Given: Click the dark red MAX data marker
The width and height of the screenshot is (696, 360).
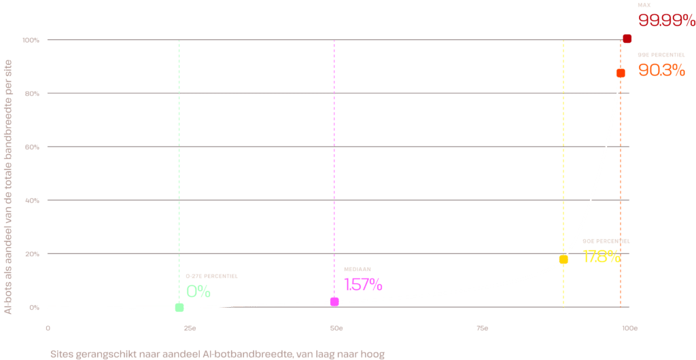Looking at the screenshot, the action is click(627, 39).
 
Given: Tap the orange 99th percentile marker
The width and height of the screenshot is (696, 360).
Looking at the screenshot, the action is click(621, 73).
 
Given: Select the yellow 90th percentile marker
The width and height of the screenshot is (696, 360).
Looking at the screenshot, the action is click(563, 259).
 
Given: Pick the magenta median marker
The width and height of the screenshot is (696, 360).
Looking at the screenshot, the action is click(334, 302).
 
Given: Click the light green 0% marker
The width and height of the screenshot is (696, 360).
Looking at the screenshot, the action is click(179, 307).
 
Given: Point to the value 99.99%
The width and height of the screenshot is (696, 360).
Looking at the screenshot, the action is click(666, 20).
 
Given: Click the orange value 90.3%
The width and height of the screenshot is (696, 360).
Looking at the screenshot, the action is click(661, 70).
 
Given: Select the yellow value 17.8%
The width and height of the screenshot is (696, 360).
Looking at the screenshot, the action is click(602, 256).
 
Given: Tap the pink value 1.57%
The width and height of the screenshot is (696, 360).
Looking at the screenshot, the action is click(363, 285).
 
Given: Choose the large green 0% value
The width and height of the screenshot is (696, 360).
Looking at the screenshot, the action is click(198, 291).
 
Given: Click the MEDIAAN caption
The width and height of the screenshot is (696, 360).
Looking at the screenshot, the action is click(358, 269).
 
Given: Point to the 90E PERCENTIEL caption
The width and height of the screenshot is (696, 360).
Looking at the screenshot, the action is click(606, 241).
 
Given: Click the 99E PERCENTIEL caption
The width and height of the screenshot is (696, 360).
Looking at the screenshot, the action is click(661, 54).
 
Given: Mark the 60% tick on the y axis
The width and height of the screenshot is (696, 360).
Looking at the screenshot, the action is click(31, 147).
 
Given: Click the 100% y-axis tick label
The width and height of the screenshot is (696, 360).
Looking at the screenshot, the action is click(31, 40).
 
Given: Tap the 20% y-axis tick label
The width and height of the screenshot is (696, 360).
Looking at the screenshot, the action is click(31, 254).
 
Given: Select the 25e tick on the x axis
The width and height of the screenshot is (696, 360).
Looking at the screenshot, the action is click(190, 329).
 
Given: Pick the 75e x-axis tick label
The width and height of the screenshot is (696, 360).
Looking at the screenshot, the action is click(483, 329).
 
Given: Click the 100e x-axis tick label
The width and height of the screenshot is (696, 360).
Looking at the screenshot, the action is click(629, 329).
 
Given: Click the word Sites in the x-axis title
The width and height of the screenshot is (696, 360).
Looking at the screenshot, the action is click(61, 355).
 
